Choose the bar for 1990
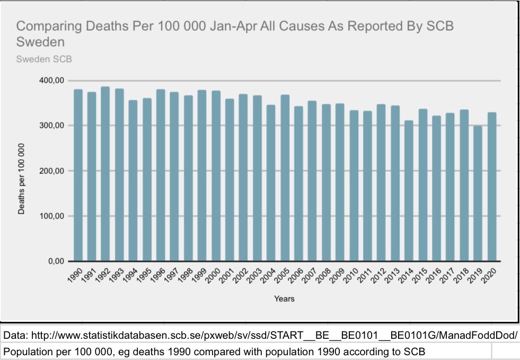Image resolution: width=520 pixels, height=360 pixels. tap(78, 175)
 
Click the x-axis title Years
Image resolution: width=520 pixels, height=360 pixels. tap(284, 298)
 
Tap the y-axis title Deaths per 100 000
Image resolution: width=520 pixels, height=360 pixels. tap(22, 178)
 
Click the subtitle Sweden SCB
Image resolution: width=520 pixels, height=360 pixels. tap(44, 59)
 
